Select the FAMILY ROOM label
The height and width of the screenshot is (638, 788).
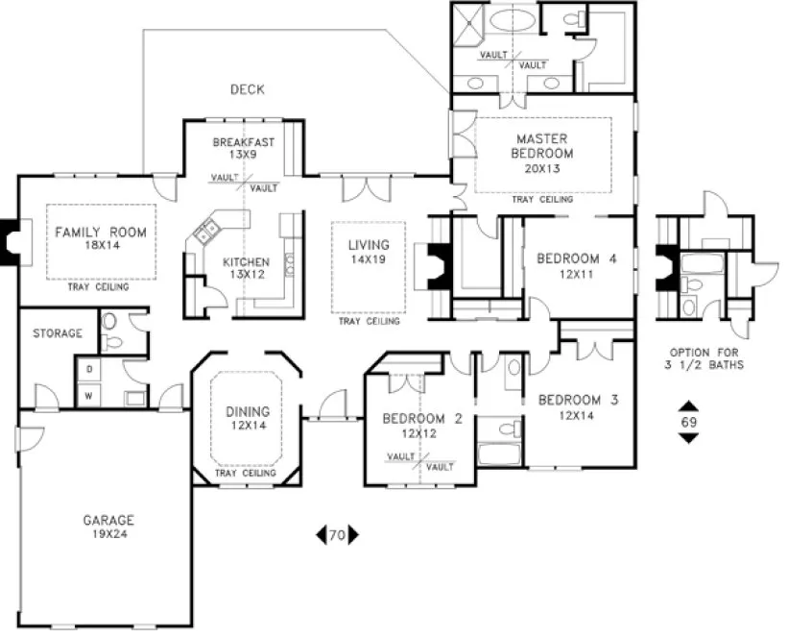(101, 238)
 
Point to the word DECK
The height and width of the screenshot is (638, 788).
(247, 89)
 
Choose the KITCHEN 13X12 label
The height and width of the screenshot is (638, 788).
(247, 268)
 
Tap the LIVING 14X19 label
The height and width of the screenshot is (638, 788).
(369, 252)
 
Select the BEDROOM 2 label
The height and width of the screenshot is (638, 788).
(422, 425)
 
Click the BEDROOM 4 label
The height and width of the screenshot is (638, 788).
(576, 265)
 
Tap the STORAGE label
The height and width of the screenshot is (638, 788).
(58, 333)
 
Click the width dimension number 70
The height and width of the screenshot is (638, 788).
(337, 536)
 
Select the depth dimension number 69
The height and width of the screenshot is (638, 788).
(688, 422)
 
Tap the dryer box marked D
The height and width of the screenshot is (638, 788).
(89, 369)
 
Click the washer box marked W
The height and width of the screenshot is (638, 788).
(89, 394)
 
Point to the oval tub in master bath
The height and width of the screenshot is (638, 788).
(514, 22)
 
